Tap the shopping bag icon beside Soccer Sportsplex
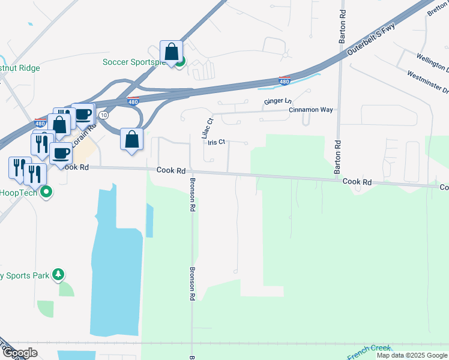tap(172, 53)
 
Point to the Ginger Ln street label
tap(277, 101)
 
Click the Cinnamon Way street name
tap(310, 110)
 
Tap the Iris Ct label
tap(216, 142)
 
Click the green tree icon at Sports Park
tap(58, 275)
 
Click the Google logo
tap(19, 352)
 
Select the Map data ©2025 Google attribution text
tap(411, 355)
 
